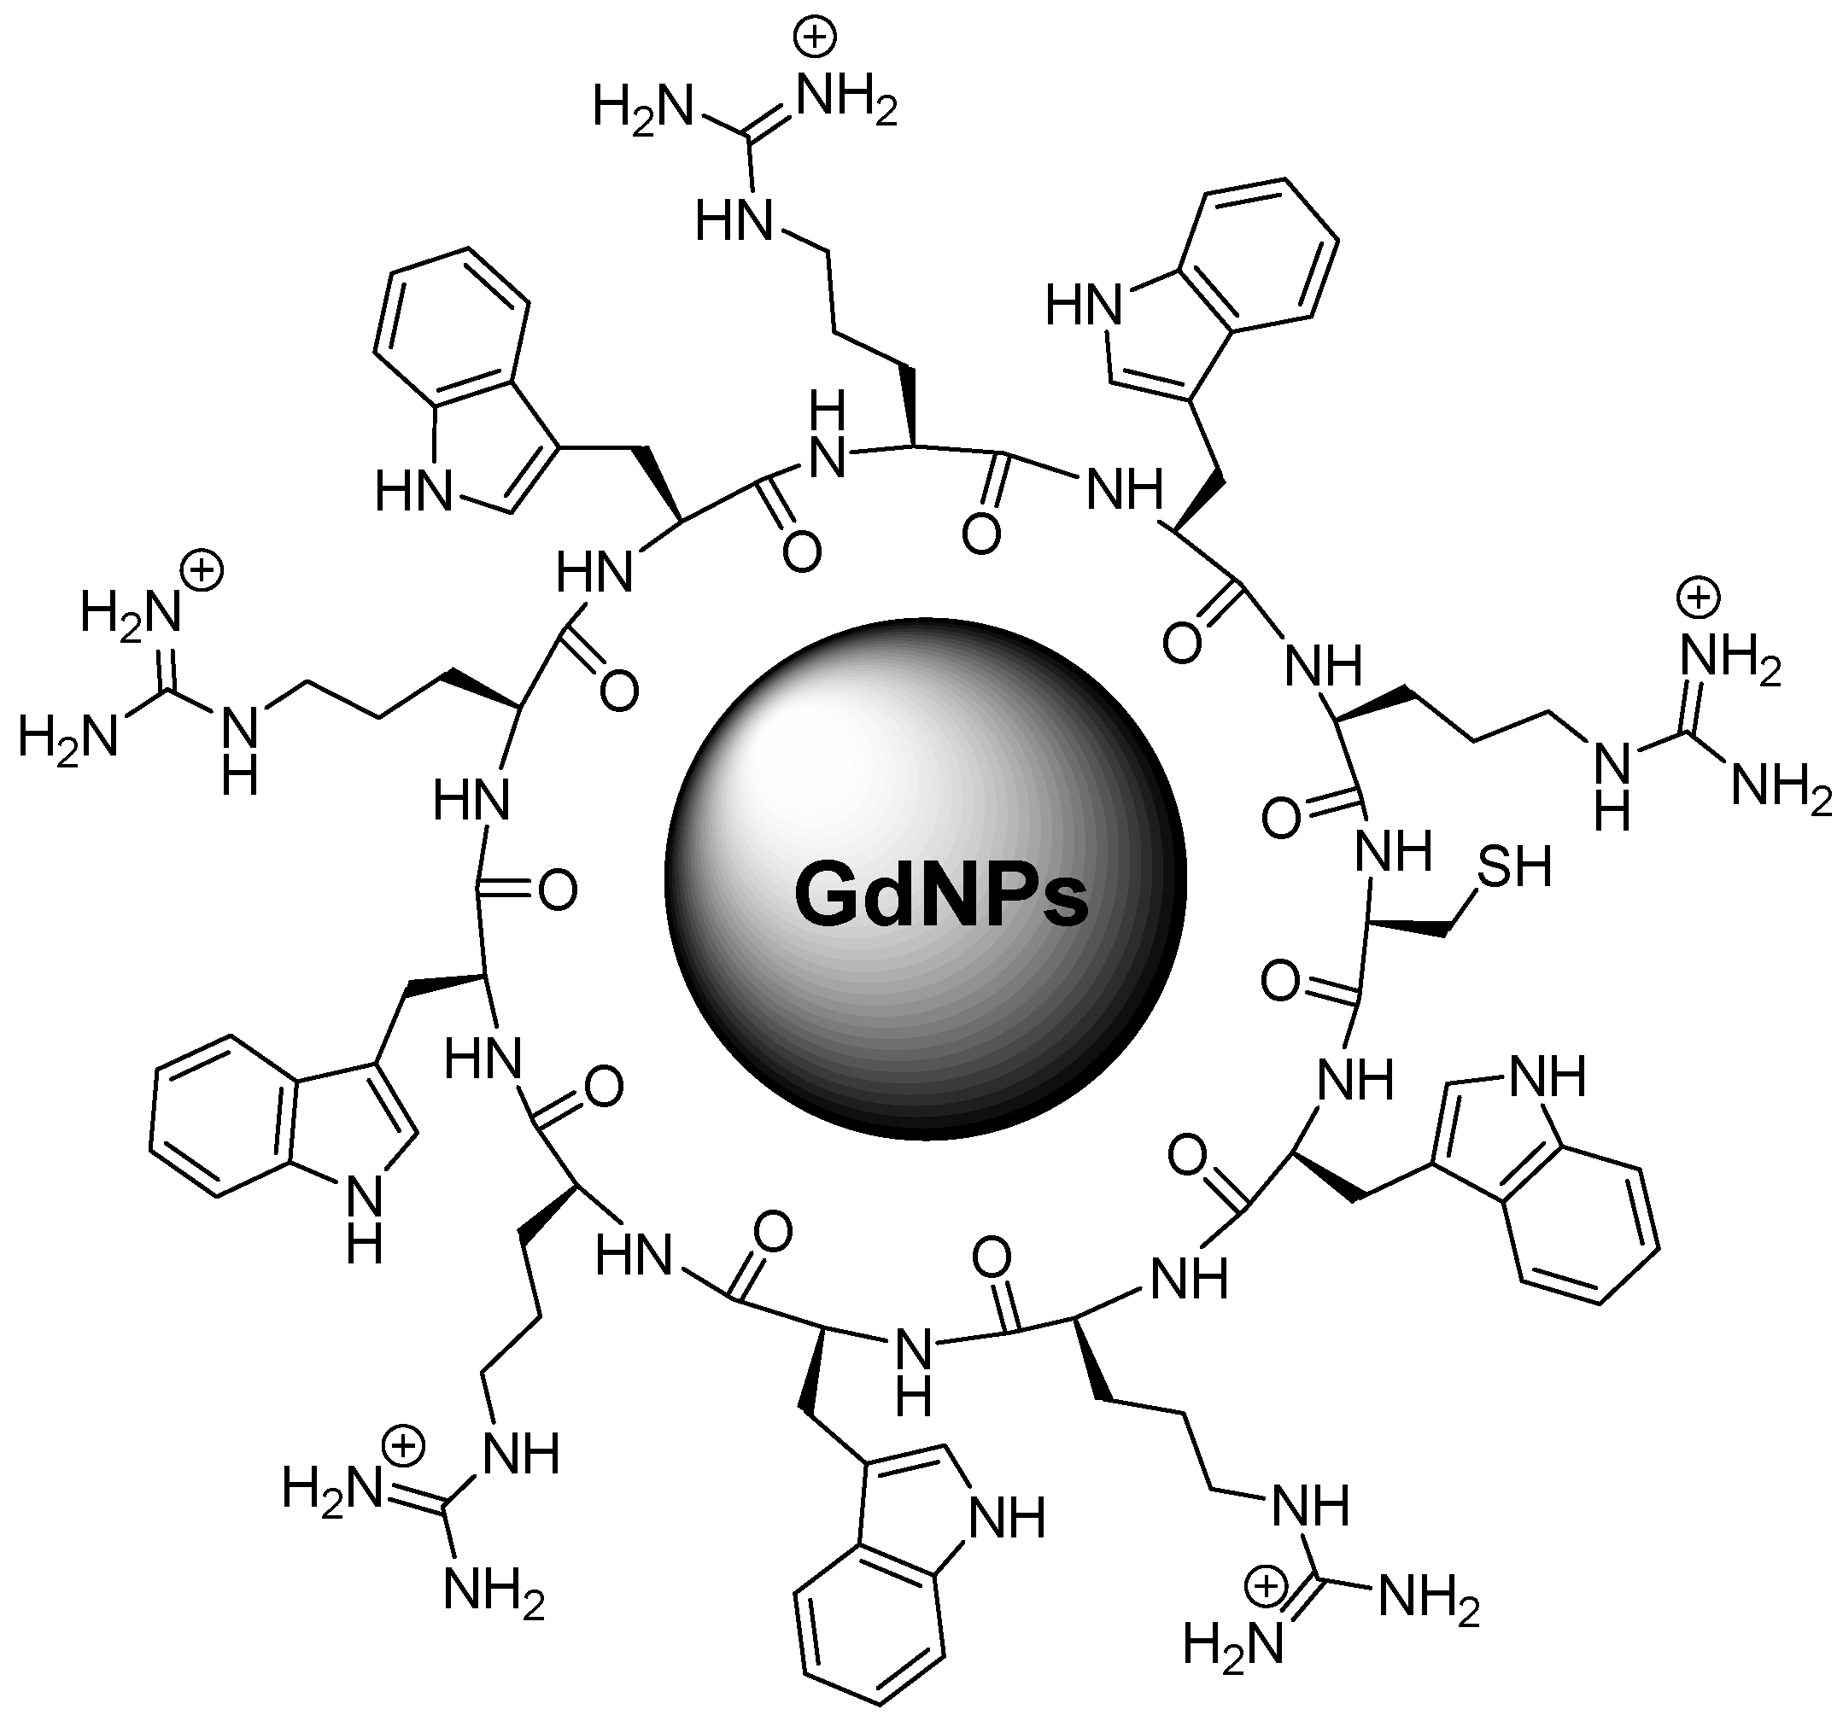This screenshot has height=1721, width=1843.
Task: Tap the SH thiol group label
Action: (x=1514, y=869)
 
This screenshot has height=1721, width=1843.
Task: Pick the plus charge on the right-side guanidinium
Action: (x=1700, y=598)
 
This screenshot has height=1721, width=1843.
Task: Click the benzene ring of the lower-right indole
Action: (x=1583, y=1225)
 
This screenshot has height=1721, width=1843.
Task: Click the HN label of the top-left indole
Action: (x=412, y=490)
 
